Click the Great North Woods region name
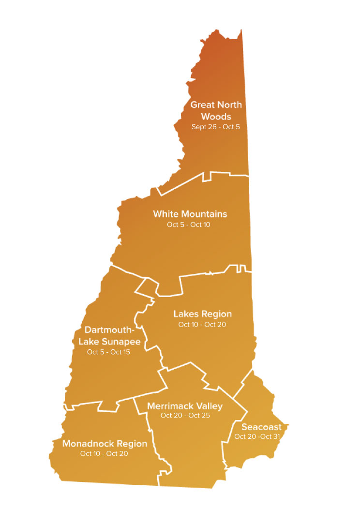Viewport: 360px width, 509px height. click(x=216, y=111)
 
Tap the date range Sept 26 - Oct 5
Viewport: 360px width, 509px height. click(x=216, y=127)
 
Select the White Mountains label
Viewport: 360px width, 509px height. click(x=190, y=214)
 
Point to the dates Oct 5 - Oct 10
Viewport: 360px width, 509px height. click(x=189, y=225)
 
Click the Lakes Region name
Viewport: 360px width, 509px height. click(x=202, y=314)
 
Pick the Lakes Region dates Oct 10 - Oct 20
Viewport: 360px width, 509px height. click(x=202, y=324)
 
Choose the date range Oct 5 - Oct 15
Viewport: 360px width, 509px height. click(x=108, y=352)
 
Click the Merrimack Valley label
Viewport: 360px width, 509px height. click(x=185, y=405)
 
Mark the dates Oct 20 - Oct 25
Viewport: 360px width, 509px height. click(x=185, y=416)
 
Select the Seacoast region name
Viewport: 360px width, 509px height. click(x=261, y=427)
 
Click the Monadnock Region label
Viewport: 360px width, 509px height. click(x=105, y=443)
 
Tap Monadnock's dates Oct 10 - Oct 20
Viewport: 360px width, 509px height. click(x=105, y=454)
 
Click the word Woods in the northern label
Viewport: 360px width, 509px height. click(x=216, y=117)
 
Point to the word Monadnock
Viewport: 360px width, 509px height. click(x=87, y=443)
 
